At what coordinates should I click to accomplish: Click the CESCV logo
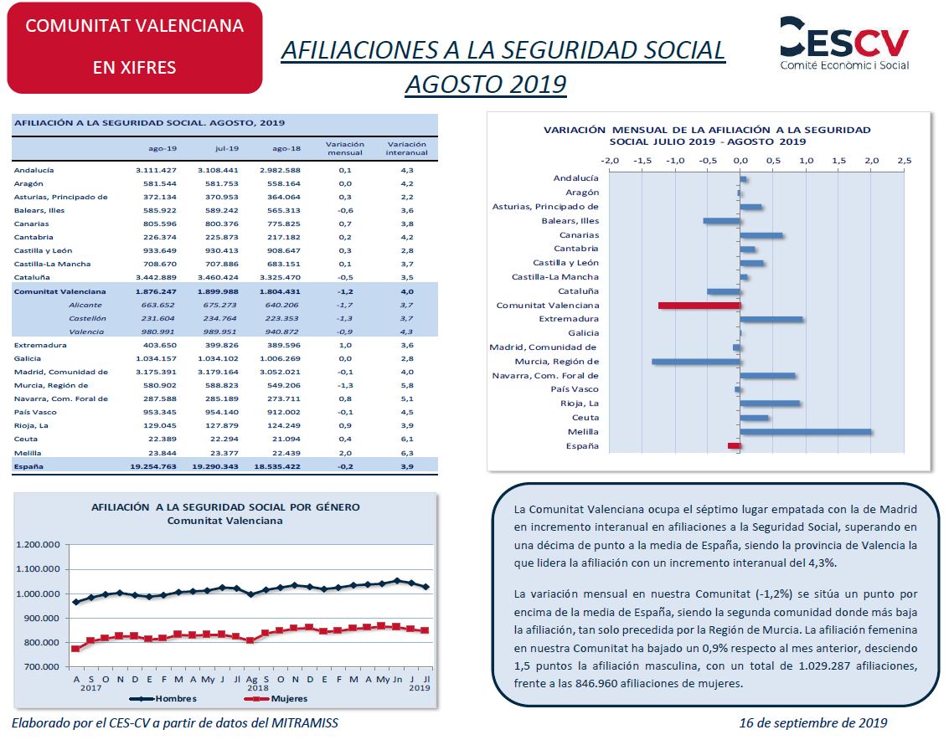pos(844,43)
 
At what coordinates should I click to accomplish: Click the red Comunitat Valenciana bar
pos(699,306)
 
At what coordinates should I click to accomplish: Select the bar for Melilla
pos(806,432)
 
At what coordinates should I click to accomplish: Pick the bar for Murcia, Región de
pos(696,362)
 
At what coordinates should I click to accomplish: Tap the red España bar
pos(734,446)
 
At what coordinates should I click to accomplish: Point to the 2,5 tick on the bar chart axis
pos(905,161)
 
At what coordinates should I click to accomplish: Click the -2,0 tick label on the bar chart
pos(610,161)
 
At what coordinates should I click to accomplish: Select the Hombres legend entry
pos(163,698)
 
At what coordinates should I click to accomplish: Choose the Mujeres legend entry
pos(276,698)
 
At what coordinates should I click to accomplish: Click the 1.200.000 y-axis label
pos(39,545)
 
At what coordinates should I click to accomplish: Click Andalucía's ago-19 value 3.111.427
pos(156,171)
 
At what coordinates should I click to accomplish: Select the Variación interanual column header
pos(407,148)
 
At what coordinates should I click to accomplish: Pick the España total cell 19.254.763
pos(153,466)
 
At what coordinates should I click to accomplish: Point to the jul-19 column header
pos(227,148)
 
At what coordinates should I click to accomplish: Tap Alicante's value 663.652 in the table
pos(158,305)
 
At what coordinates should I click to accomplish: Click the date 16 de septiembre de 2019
pos(813,723)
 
